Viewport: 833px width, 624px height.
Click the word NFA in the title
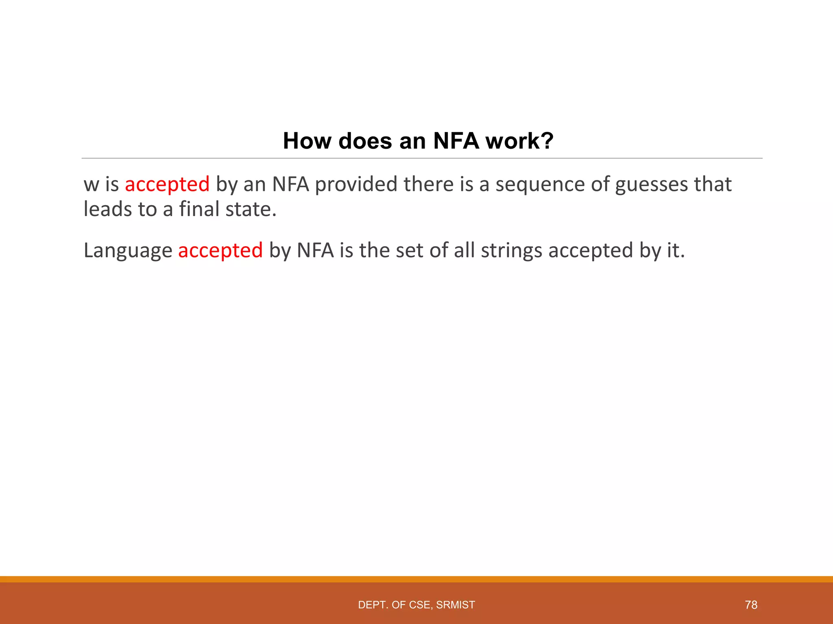click(x=456, y=141)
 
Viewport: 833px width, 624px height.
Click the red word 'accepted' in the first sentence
click(x=167, y=184)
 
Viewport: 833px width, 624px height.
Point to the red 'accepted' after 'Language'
click(x=220, y=250)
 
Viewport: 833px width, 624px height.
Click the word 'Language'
click(x=128, y=250)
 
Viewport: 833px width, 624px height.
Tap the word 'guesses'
click(x=651, y=184)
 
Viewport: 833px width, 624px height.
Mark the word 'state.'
click(x=251, y=209)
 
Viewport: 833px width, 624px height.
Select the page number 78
click(x=751, y=605)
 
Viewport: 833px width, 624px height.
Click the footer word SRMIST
click(x=456, y=605)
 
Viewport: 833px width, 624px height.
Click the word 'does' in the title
click(x=366, y=141)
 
